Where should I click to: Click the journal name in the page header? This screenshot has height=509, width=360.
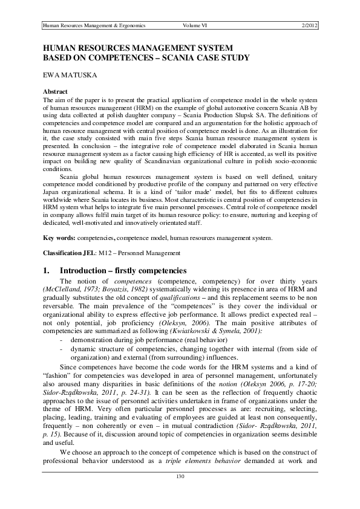tap(94, 25)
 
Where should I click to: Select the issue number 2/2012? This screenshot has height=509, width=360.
tap(309, 25)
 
